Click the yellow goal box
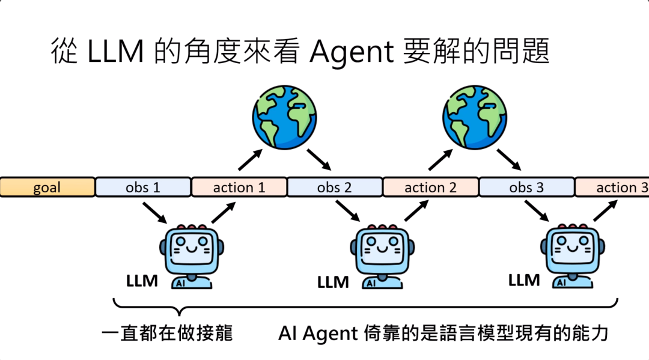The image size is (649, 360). click(47, 187)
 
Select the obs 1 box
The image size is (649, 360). click(143, 187)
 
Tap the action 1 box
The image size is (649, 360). click(239, 187)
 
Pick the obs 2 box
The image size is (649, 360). click(335, 187)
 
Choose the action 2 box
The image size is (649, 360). click(430, 187)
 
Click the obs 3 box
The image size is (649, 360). click(526, 187)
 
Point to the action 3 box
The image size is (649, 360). click(613, 187)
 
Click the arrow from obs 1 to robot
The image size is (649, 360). click(155, 211)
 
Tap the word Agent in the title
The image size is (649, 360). click(352, 53)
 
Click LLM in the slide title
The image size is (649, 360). click(115, 53)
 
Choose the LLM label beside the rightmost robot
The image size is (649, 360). click(524, 279)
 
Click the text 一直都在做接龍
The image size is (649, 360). click(166, 333)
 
